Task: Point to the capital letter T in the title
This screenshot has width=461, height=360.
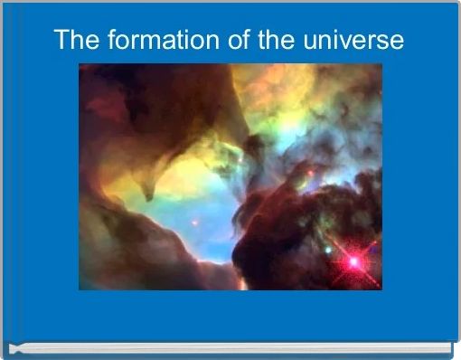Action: coord(61,41)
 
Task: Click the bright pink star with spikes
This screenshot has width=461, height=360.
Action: coord(353,261)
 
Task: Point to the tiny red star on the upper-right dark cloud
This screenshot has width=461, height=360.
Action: coord(310,172)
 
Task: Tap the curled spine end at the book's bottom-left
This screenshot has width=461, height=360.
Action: coord(14,347)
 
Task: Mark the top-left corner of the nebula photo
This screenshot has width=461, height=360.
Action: coord(80,64)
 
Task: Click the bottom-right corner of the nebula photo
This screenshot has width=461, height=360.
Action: coord(381,289)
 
